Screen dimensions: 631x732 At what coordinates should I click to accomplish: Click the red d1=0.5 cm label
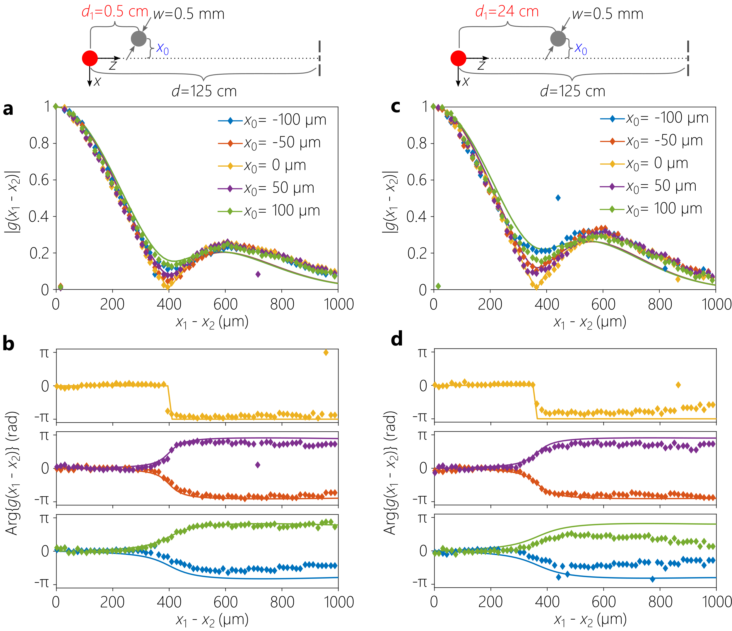115,12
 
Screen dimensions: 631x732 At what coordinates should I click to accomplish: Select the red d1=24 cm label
507,12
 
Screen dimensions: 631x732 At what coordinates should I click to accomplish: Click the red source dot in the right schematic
458,58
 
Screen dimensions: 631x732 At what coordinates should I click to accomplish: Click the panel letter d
397,339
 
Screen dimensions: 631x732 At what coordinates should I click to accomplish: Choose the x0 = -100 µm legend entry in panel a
272,120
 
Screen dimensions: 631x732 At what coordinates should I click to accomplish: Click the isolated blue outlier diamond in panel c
558,198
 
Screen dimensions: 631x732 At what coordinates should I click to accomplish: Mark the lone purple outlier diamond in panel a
258,274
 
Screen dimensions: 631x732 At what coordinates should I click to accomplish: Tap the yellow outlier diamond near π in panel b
326,352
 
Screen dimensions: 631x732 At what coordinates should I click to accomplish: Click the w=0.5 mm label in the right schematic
607,14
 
